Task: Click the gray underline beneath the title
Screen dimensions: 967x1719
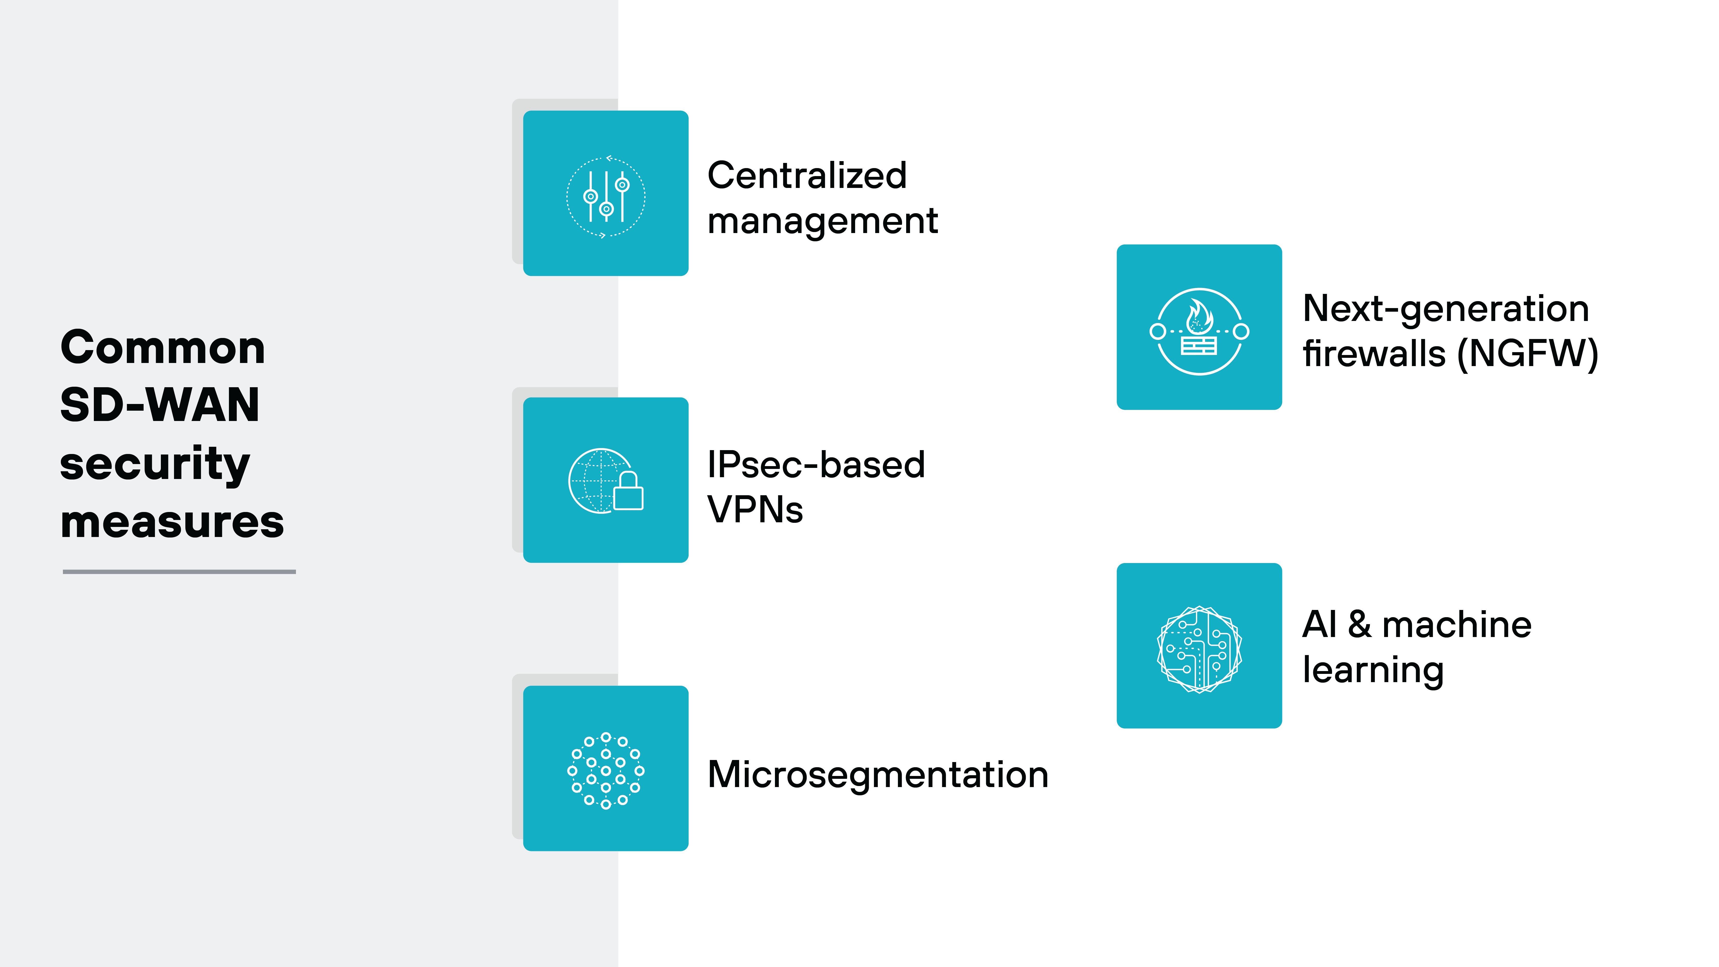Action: click(x=179, y=571)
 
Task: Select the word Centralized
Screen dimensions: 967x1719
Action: click(x=807, y=176)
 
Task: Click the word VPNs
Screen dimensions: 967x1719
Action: click(x=755, y=510)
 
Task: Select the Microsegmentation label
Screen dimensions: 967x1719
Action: click(x=878, y=775)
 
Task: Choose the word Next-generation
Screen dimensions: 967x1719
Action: click(x=1445, y=309)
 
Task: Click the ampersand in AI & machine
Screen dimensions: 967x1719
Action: click(x=1359, y=625)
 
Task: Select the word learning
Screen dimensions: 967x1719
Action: click(x=1373, y=670)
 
